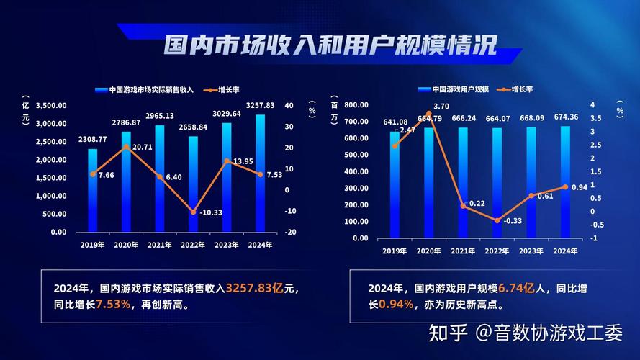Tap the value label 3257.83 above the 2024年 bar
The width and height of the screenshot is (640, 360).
(x=260, y=106)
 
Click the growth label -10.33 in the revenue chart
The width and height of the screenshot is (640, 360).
(x=210, y=212)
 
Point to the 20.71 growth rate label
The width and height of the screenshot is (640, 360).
(x=142, y=147)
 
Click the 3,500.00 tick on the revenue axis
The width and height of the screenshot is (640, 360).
(x=50, y=105)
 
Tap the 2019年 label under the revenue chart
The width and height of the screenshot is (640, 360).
(x=92, y=245)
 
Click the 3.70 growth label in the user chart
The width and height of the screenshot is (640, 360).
(x=441, y=106)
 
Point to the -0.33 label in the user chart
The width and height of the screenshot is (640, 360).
(x=513, y=221)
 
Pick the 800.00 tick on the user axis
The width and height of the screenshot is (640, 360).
(x=356, y=105)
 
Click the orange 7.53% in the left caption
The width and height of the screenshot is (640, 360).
(x=113, y=305)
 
